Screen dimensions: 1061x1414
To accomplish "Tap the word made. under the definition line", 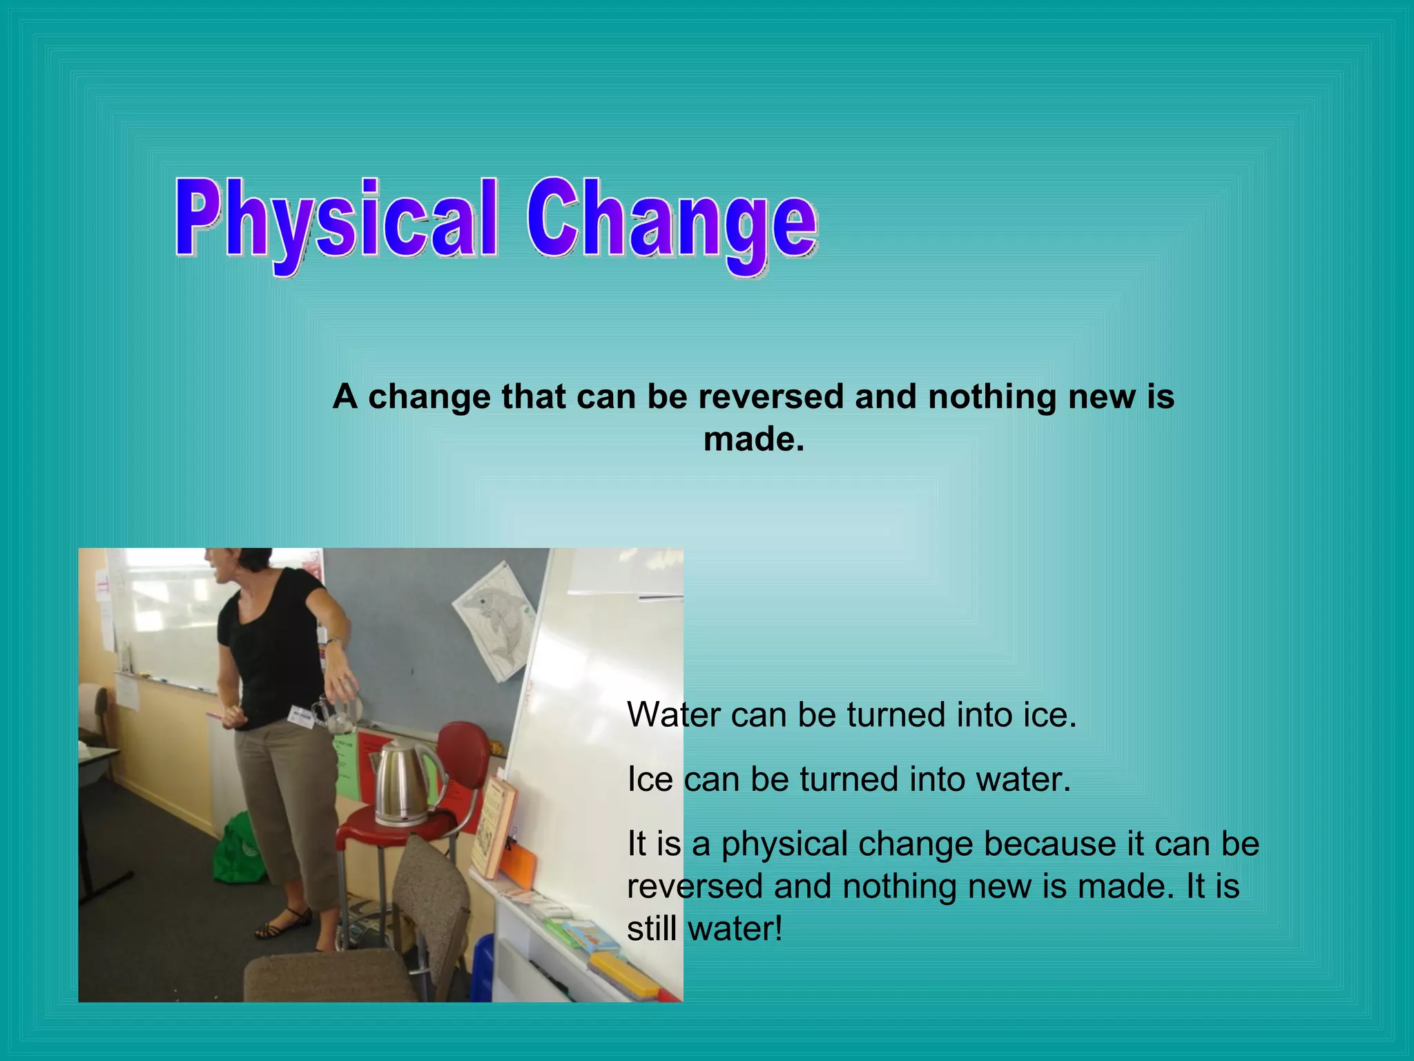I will click(x=754, y=440).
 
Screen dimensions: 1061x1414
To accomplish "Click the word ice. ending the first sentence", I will click(x=1049, y=715).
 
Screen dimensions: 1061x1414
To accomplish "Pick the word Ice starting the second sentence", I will click(x=650, y=780).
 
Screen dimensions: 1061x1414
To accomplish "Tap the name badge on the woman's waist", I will click(x=301, y=716).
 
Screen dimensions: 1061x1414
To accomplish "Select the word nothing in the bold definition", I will click(x=991, y=397).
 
